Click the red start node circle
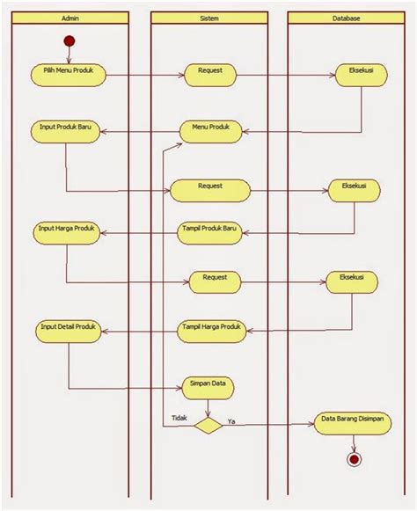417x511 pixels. (69, 41)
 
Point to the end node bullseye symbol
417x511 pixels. (354, 459)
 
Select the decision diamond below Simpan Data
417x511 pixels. (208, 426)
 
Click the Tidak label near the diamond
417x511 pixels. (179, 418)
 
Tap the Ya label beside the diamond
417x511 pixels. (231, 420)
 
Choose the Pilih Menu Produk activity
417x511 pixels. (69, 74)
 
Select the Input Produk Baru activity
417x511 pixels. (66, 129)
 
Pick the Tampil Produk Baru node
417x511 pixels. (208, 231)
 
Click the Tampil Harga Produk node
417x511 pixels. (209, 329)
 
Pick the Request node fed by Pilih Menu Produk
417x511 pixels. (209, 75)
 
